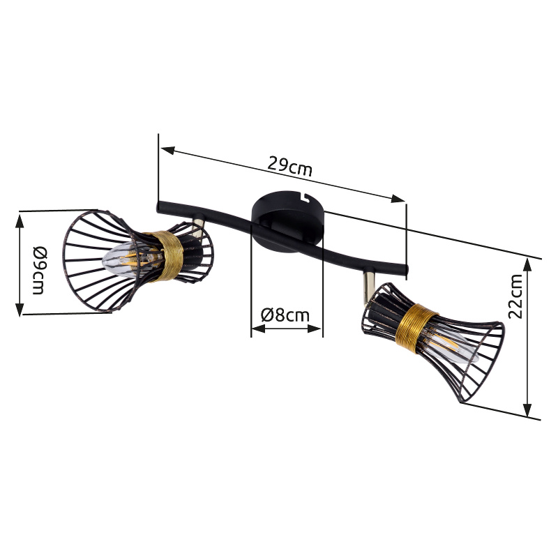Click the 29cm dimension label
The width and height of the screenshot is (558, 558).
click(289, 166)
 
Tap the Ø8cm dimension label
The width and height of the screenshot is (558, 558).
click(285, 315)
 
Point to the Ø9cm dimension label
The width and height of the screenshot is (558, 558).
click(39, 271)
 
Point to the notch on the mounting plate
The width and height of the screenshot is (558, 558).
click(305, 196)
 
